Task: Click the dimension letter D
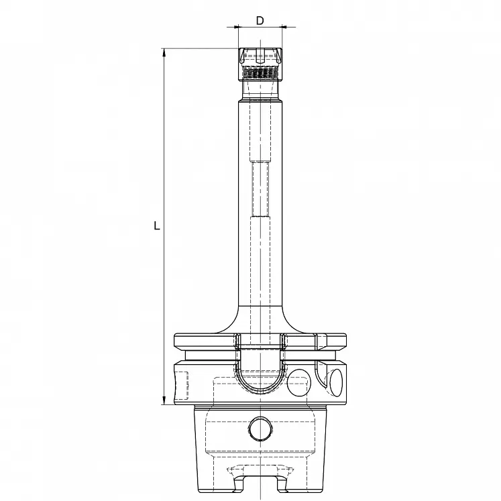[260, 20]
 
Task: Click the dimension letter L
[157, 226]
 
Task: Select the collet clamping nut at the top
[259, 64]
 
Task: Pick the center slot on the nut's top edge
[260, 52]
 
